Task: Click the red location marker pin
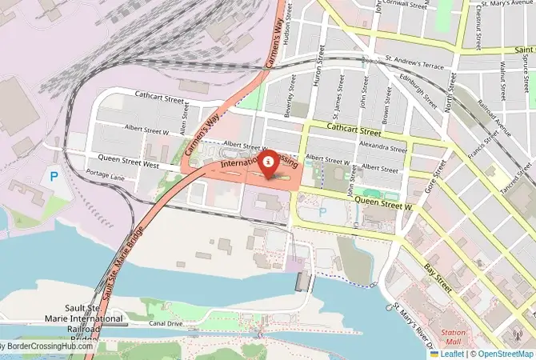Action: [x=266, y=161]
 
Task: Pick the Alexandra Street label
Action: [x=384, y=146]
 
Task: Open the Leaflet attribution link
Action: [x=450, y=353]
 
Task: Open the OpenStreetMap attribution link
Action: [x=502, y=353]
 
